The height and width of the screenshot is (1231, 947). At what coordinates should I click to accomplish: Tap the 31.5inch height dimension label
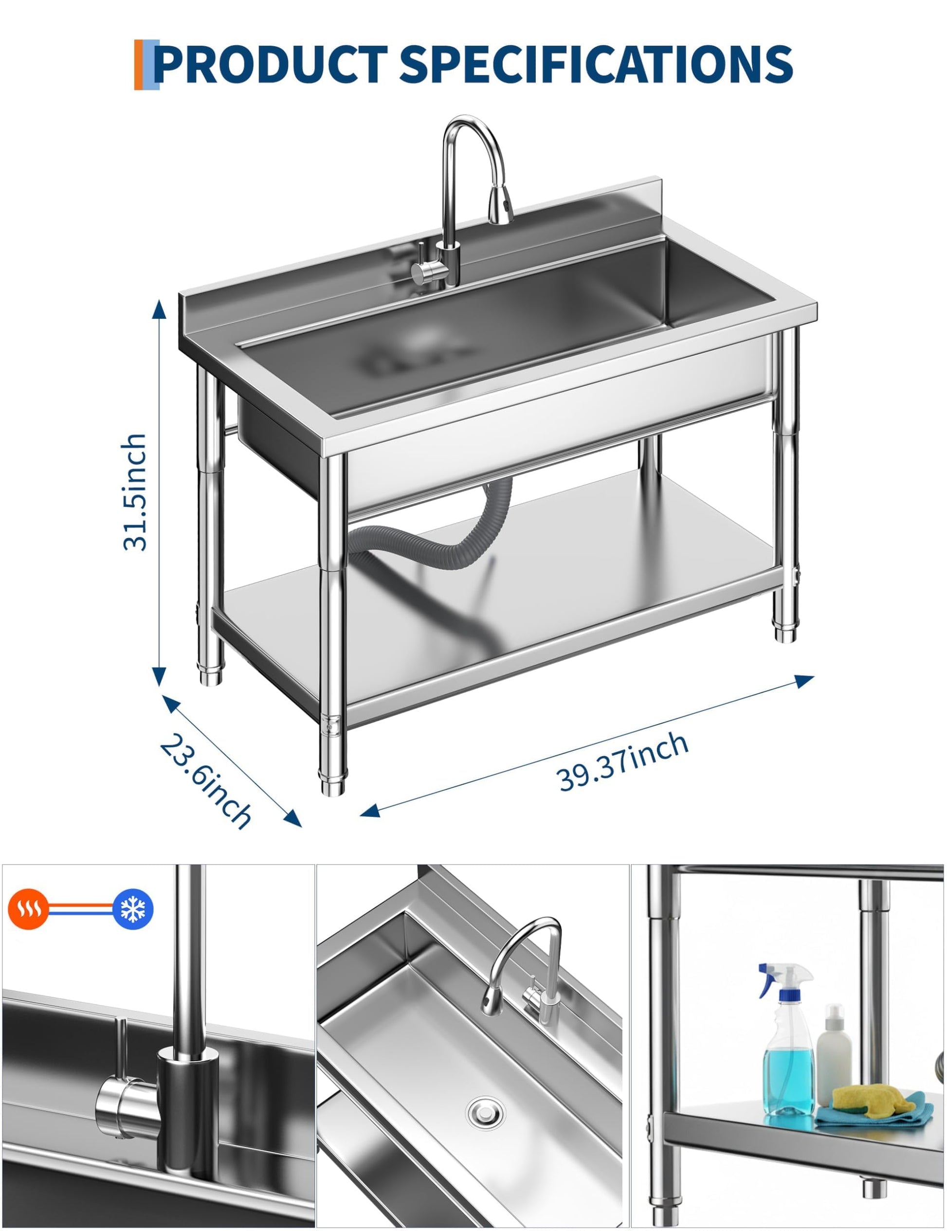(135, 492)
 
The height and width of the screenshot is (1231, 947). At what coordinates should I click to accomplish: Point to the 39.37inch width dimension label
(623, 762)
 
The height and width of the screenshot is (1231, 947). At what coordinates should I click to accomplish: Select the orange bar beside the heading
(139, 65)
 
